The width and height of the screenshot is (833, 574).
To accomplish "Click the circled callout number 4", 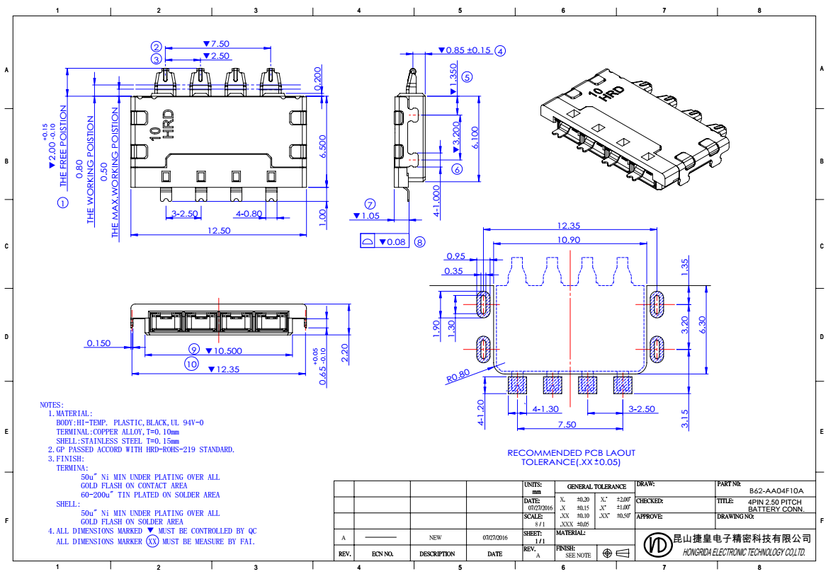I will click(500, 50).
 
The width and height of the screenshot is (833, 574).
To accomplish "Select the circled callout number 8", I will click(419, 242).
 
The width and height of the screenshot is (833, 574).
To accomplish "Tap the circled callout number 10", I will click(191, 364).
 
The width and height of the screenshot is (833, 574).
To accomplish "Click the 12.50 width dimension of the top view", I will click(218, 230).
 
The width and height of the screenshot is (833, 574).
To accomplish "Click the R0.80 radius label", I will click(458, 375).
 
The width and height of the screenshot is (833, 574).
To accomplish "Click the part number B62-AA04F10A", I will click(776, 490).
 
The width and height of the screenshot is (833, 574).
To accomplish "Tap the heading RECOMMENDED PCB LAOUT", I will click(571, 453).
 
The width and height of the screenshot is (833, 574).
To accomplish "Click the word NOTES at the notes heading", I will click(52, 404).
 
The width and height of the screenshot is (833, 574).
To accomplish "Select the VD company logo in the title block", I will click(656, 544).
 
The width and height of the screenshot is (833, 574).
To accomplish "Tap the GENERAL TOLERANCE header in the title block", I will click(596, 486).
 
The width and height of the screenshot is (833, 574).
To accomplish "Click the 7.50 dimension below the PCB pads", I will click(567, 424).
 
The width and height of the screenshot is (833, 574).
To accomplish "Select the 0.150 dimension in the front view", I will click(98, 343).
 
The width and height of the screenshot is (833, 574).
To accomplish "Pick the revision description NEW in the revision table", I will click(435, 537).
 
